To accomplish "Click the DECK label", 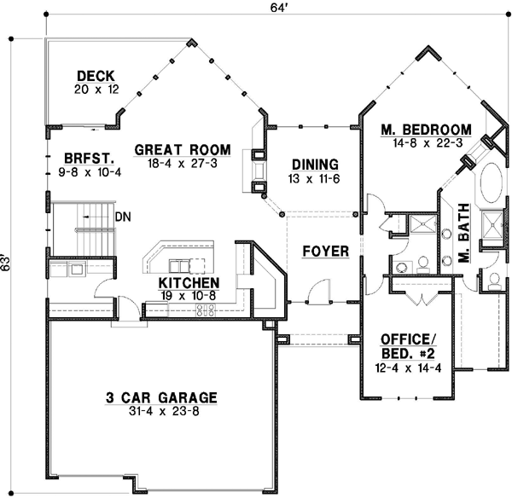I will click(95, 75).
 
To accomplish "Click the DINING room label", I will click(315, 165).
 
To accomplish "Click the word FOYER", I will click(325, 252).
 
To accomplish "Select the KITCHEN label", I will click(189, 283).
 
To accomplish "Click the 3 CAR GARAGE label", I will click(161, 397).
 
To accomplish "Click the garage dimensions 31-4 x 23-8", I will click(161, 412).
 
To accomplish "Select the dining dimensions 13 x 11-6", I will click(315, 179).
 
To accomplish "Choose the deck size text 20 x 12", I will click(95, 90).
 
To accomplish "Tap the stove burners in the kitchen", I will click(205, 310).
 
